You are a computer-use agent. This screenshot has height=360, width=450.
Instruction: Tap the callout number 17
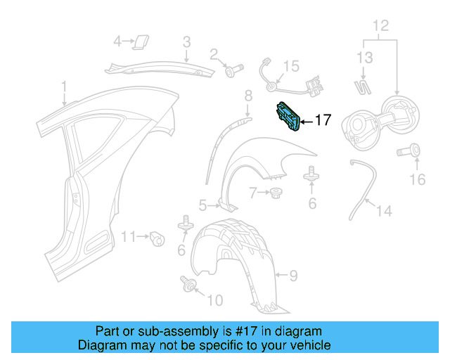click(x=322, y=120)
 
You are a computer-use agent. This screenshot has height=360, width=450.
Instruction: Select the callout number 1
click(x=63, y=87)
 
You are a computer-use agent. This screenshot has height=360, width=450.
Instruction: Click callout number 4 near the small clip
click(x=117, y=41)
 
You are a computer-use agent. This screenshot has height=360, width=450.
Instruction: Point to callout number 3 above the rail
click(x=186, y=43)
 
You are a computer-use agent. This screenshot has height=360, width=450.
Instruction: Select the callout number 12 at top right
click(x=380, y=27)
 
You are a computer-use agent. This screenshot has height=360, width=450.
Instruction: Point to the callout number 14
click(x=383, y=210)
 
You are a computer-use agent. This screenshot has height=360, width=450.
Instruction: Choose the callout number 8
click(x=247, y=96)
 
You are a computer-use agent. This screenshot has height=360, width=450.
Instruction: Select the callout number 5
click(x=202, y=205)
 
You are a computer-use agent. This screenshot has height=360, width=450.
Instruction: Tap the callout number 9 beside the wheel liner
click(x=294, y=275)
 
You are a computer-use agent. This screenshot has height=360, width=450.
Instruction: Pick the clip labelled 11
click(x=158, y=238)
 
